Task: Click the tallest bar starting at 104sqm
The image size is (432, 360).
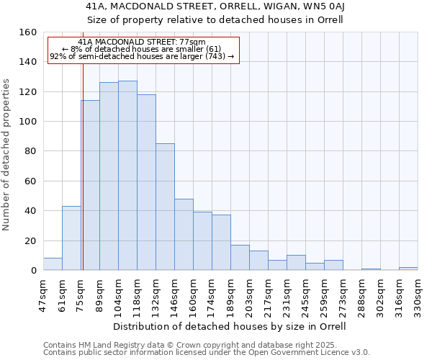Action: tap(127, 176)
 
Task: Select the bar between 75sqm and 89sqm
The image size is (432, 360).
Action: tap(90, 185)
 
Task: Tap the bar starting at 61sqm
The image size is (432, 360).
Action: tap(71, 238)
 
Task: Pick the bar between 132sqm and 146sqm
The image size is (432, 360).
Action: tap(165, 207)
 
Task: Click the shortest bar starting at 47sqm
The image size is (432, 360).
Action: tap(53, 264)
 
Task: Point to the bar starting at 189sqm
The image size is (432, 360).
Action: tap(240, 258)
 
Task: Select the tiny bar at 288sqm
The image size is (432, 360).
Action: tap(371, 269)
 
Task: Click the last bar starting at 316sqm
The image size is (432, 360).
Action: tap(408, 269)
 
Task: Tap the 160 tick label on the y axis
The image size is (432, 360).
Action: tap(28, 32)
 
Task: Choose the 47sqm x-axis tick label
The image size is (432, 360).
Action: tap(43, 294)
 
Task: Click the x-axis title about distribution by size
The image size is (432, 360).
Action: tap(230, 326)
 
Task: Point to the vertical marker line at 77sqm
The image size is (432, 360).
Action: tap(83, 166)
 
